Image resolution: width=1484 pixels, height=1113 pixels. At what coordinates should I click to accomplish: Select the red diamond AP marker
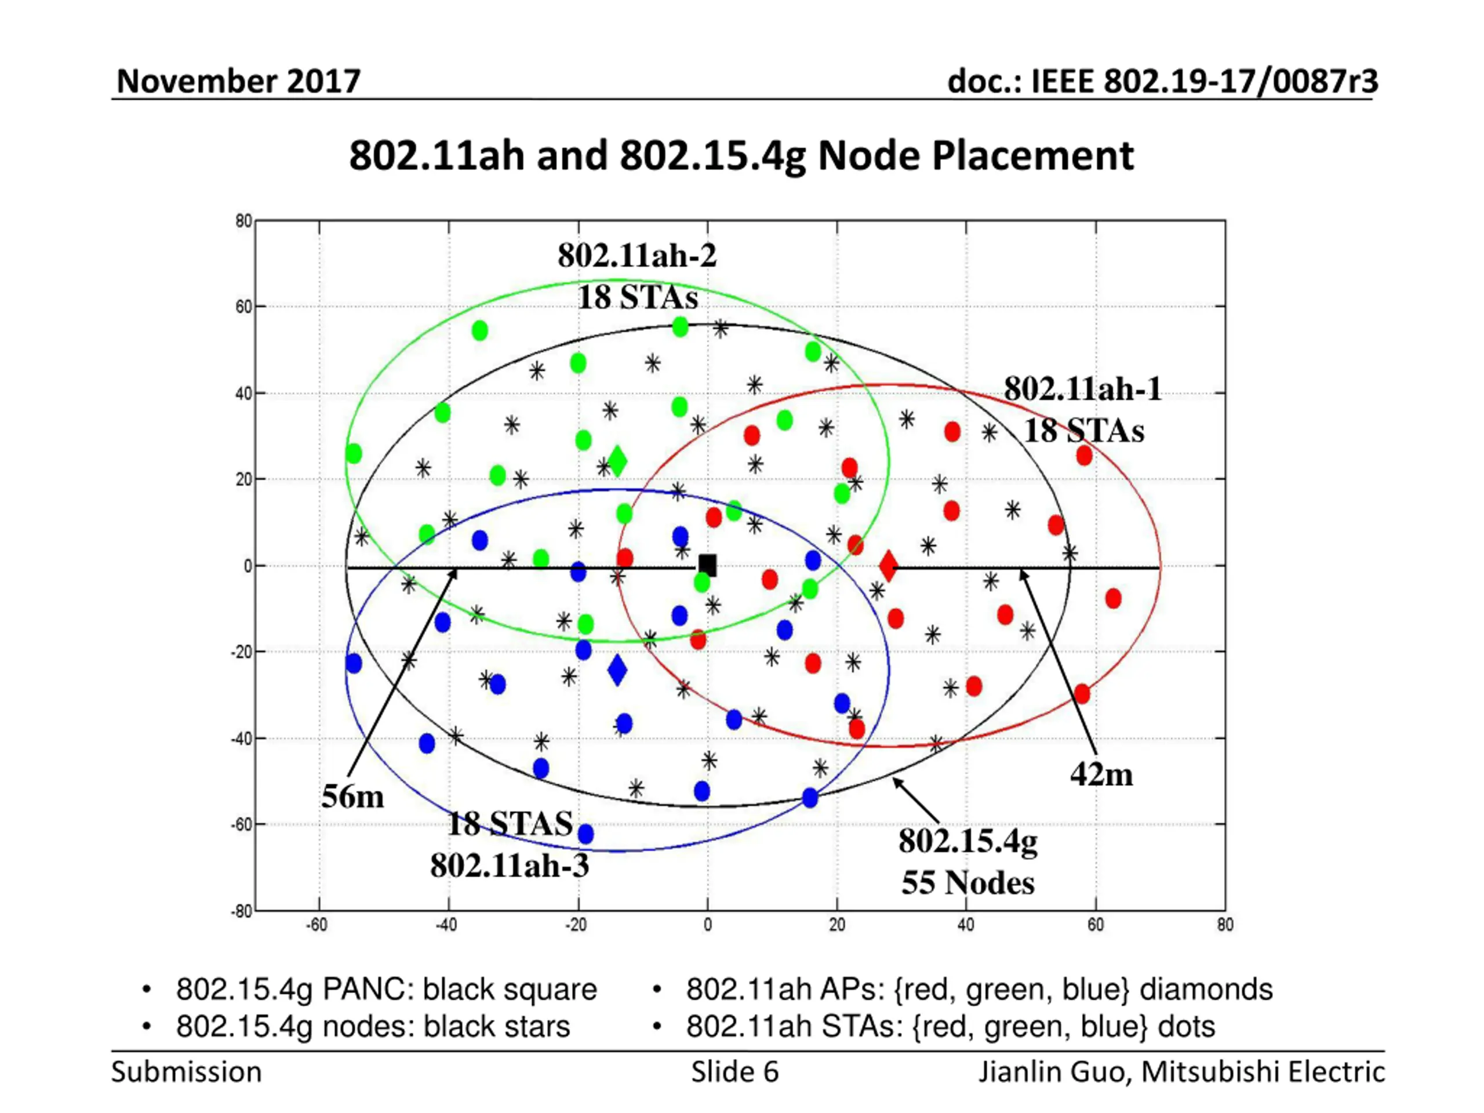[888, 566]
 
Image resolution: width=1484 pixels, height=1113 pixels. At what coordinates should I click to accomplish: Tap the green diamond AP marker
[617, 461]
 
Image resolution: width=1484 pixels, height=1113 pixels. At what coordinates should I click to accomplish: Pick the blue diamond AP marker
[617, 670]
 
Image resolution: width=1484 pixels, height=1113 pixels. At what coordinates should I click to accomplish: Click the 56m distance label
[353, 796]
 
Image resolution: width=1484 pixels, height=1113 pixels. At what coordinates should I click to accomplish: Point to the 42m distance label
[1101, 774]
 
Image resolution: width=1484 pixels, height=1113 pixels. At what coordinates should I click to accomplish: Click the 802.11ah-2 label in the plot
[636, 255]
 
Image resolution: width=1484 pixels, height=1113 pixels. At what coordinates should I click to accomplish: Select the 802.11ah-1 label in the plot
[1082, 388]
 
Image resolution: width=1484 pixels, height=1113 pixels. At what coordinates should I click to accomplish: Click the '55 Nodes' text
[967, 882]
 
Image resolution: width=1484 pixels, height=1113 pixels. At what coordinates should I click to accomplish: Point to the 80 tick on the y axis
[243, 221]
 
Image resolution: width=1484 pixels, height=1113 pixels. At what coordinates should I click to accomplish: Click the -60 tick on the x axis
[317, 925]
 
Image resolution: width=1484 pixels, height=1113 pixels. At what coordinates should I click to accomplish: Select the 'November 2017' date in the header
[239, 81]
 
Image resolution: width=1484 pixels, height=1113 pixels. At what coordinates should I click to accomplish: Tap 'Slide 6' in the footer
[734, 1072]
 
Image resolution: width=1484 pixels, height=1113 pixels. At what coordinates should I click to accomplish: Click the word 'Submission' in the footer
[187, 1072]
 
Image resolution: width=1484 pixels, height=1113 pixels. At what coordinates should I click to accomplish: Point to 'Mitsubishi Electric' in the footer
[1263, 1072]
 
